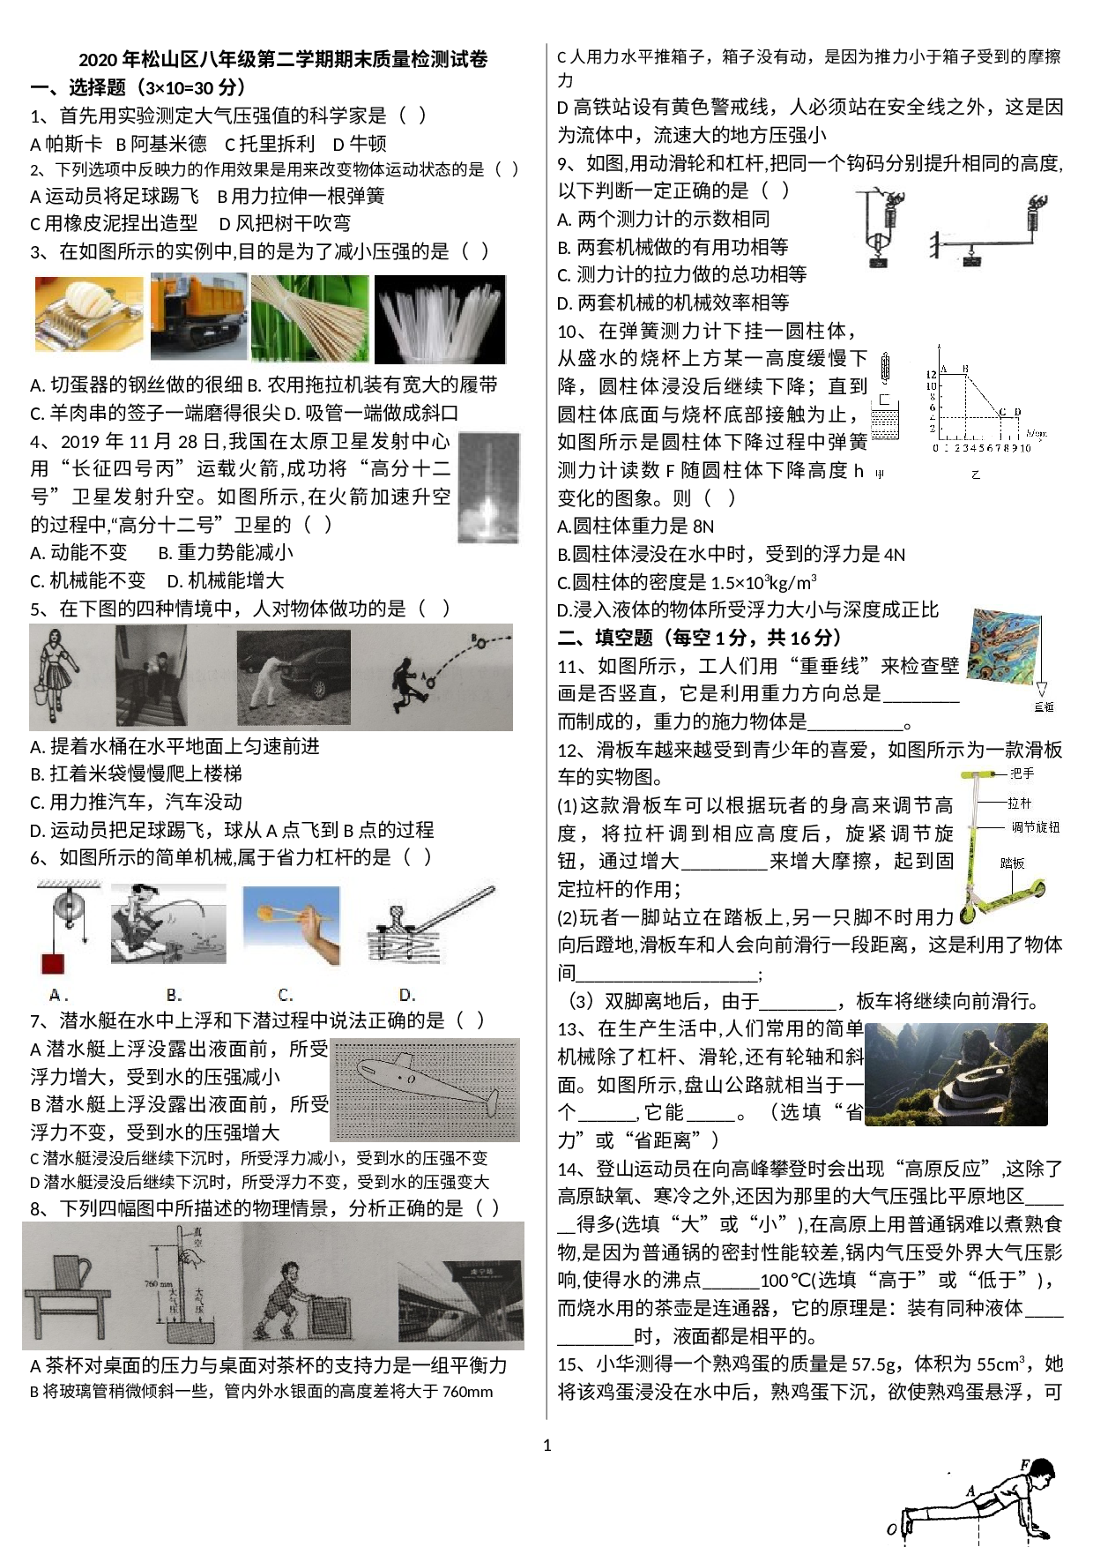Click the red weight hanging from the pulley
[x=52, y=963]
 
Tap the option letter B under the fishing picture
[x=174, y=995]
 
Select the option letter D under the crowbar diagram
[x=406, y=995]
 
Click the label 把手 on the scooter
[x=1022, y=773]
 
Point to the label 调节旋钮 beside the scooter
[x=1035, y=827]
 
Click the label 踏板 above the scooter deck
[x=1013, y=863]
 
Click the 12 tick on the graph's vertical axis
[x=931, y=375]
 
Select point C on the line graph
[x=1001, y=413]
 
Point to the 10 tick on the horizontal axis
[x=1025, y=448]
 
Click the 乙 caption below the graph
[x=976, y=475]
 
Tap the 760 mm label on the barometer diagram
[x=158, y=1284]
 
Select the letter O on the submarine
[x=412, y=1079]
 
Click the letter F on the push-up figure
[x=1025, y=1465]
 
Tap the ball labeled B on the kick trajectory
[x=481, y=642]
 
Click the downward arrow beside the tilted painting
[x=1041, y=688]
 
